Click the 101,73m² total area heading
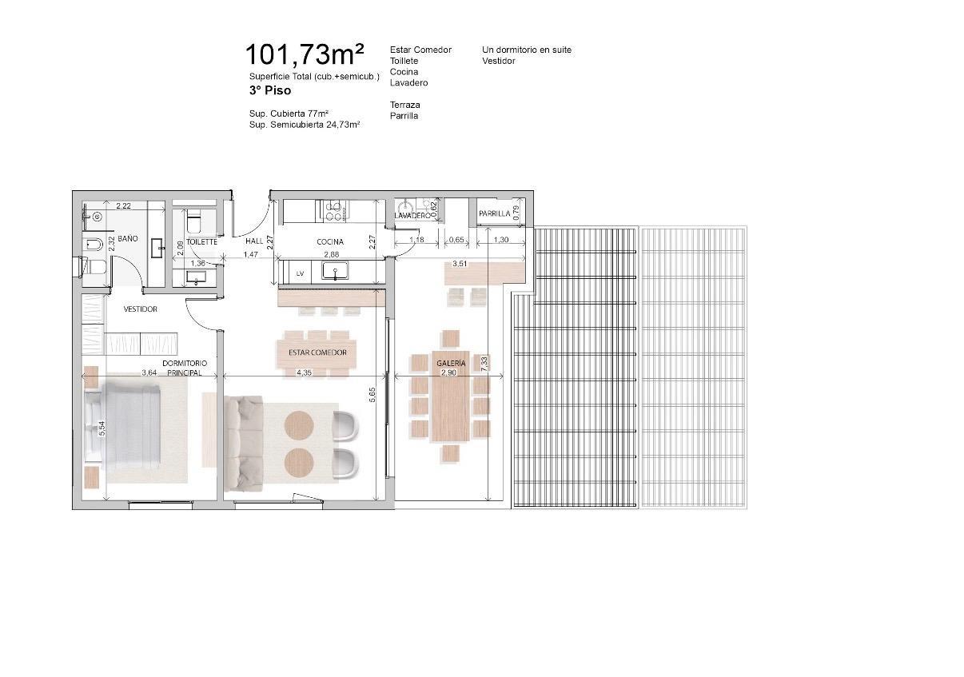[x=305, y=54]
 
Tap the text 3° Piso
[x=270, y=90]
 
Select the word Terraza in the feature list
[x=405, y=105]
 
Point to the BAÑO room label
[x=128, y=238]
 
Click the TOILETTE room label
[x=201, y=242]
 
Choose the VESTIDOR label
[x=141, y=309]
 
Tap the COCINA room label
[x=330, y=242]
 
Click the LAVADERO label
[x=412, y=215]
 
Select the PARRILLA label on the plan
[x=495, y=213]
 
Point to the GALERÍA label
[x=451, y=363]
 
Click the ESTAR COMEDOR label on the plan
[x=317, y=352]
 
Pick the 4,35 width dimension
[x=305, y=372]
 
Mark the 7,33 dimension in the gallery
[x=484, y=364]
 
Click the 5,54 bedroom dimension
[x=102, y=428]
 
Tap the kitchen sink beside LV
[x=335, y=271]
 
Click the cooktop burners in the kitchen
[x=334, y=210]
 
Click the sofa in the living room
[x=244, y=444]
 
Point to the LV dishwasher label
[x=300, y=273]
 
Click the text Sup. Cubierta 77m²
[x=289, y=113]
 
